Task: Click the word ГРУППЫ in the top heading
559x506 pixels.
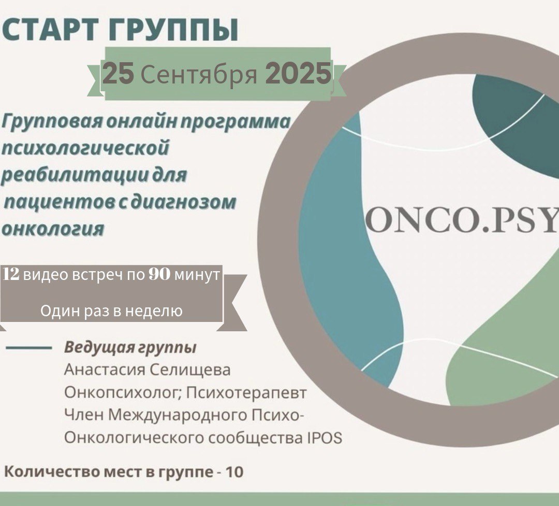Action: coord(172,30)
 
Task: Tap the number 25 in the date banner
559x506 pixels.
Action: coord(119,73)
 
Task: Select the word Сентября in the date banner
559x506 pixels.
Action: coord(199,74)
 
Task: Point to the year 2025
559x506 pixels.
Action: coord(298,73)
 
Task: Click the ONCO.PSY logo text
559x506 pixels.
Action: coord(462,218)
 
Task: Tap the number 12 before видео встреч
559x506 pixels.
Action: coord(11,274)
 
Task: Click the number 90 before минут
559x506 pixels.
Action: coord(159,274)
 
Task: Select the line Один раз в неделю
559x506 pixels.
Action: coord(111,311)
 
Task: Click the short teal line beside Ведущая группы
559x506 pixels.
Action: coord(29,347)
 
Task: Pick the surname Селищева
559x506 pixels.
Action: coord(189,370)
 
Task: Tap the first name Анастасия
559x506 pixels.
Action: coord(104,370)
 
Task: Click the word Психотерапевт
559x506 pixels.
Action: coord(246,393)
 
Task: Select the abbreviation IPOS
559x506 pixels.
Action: coord(325,438)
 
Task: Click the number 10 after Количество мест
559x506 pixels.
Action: coord(235,472)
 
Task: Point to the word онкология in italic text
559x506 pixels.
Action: coord(53,229)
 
